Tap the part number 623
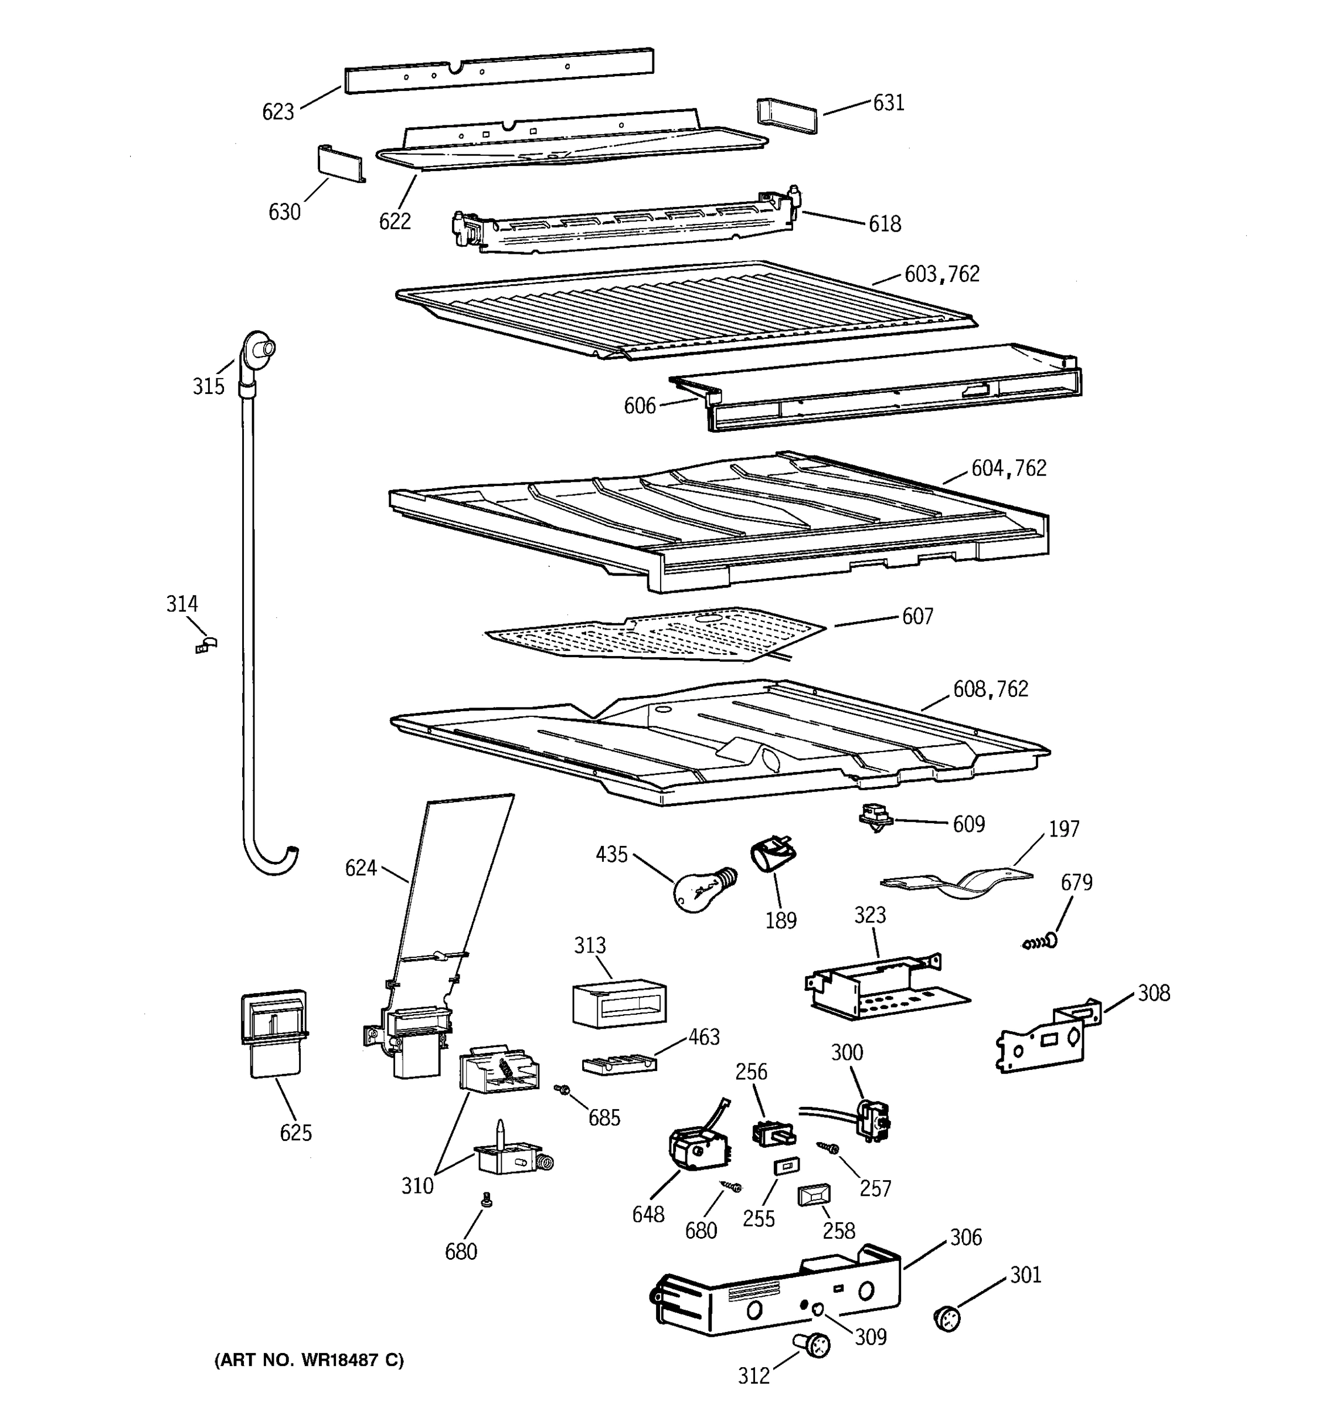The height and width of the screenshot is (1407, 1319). [277, 112]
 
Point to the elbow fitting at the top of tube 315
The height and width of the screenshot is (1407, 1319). [256, 351]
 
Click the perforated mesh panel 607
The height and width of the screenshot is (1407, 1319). [655, 633]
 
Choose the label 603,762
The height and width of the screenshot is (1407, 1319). [942, 274]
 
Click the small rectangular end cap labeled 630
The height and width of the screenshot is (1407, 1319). [339, 164]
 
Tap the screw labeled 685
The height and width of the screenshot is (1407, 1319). [563, 1090]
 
